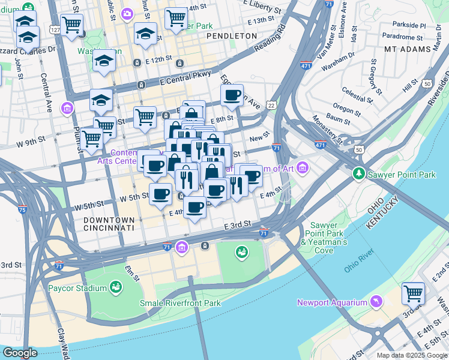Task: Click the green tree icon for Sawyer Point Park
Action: pyautogui.click(x=359, y=174)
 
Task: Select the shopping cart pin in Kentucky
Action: pyautogui.click(x=413, y=293)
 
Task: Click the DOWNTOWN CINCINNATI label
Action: pyautogui.click(x=104, y=224)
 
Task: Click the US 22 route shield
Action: pyautogui.click(x=272, y=105)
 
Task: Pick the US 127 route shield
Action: pyautogui.click(x=55, y=29)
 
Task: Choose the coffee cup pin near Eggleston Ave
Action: pyautogui.click(x=232, y=94)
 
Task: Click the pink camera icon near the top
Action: pyautogui.click(x=127, y=14)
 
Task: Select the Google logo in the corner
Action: pyautogui.click(x=20, y=353)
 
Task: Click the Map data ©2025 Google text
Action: pyautogui.click(x=411, y=355)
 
